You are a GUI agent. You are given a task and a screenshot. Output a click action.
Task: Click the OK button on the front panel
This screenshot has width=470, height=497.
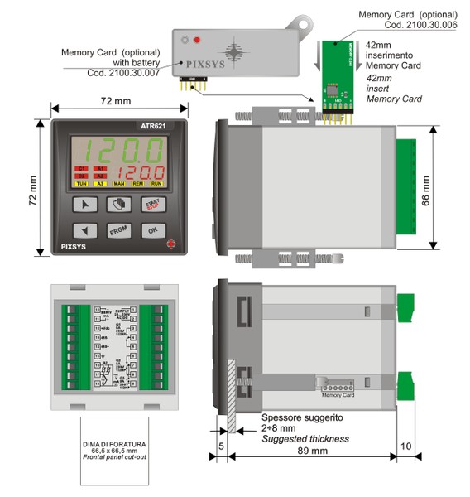point(152,231)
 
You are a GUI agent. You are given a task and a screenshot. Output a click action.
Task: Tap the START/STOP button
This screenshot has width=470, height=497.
point(152,204)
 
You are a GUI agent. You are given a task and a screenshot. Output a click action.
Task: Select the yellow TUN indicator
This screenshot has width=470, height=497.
point(82,183)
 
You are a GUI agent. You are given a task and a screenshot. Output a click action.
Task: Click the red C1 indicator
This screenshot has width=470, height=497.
point(82,168)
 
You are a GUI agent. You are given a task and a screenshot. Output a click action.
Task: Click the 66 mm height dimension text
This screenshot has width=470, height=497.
point(447,191)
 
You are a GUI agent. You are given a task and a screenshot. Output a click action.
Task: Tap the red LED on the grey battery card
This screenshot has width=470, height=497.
point(197,40)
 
